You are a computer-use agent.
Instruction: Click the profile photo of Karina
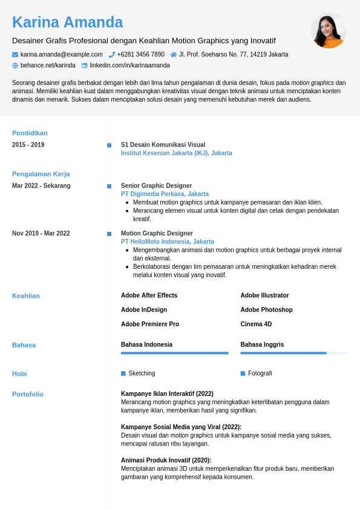(329, 30)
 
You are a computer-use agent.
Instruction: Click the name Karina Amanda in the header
(67, 22)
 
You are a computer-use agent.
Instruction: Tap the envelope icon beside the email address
(15, 54)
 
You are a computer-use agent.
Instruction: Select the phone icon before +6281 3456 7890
(112, 54)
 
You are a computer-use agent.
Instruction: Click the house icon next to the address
(174, 54)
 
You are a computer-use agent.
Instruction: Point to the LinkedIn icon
(85, 65)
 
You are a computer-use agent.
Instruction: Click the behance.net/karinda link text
(48, 65)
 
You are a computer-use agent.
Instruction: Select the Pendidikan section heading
(30, 133)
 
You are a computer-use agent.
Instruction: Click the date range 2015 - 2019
(28, 145)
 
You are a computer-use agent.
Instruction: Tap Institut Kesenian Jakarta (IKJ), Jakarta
(176, 153)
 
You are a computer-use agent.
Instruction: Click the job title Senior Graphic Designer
(156, 186)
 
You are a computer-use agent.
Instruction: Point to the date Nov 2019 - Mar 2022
(41, 234)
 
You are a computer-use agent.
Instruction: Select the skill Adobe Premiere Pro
(150, 324)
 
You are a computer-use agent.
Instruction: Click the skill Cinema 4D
(256, 324)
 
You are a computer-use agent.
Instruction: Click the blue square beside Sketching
(123, 373)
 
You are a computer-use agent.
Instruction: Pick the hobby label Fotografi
(260, 373)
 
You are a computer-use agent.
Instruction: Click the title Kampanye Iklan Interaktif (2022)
(167, 394)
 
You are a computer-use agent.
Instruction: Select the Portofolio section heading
(28, 394)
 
